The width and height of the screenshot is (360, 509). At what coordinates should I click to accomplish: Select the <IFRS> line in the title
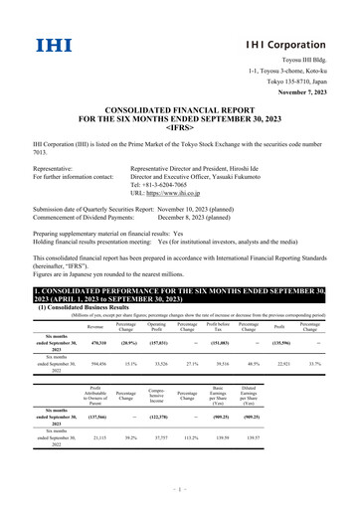179,129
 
